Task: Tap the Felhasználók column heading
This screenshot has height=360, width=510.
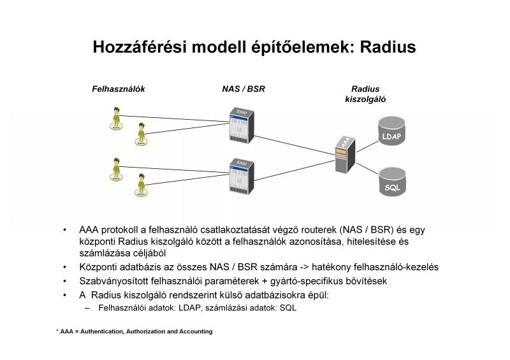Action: [x=119, y=89]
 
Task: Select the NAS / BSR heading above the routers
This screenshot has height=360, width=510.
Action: [x=239, y=89]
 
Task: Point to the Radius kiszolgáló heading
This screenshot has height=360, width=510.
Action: [x=365, y=94]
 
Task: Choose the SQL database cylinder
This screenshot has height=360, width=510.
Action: [x=391, y=181]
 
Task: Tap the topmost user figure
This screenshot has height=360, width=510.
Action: [x=116, y=119]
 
